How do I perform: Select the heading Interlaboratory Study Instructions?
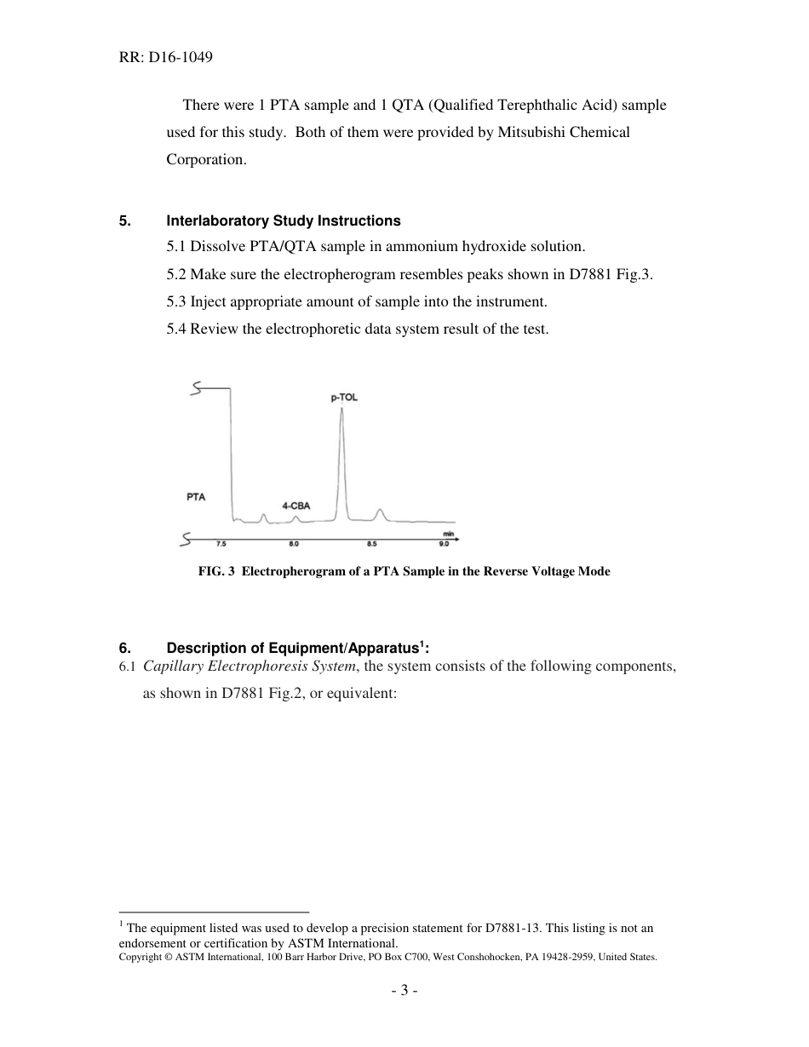point(283,220)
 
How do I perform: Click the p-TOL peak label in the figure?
point(343,397)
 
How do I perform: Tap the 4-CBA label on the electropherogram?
point(295,506)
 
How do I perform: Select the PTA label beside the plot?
point(196,497)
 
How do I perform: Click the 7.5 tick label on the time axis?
point(221,543)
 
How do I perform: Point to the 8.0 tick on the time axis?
point(294,543)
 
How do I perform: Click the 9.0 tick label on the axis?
point(444,543)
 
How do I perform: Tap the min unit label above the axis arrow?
point(448,534)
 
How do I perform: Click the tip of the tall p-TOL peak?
point(341,409)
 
